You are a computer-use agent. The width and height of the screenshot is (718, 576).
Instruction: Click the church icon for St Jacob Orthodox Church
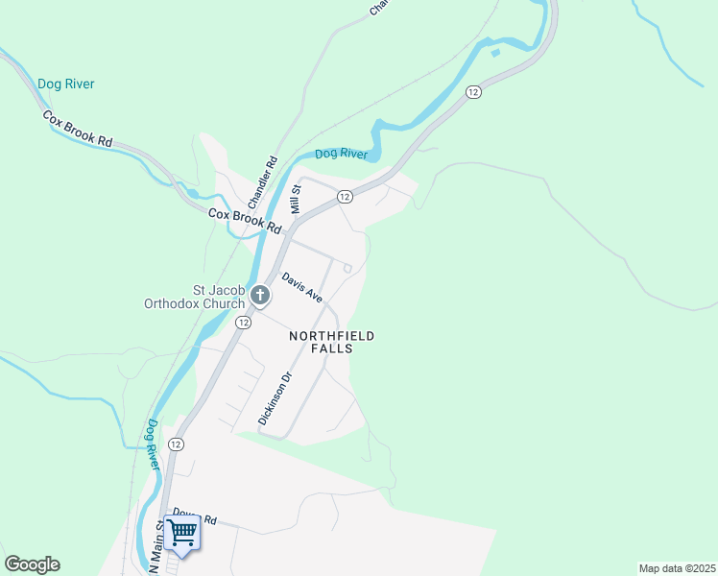(260, 297)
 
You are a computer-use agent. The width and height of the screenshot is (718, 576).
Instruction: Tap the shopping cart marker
(182, 533)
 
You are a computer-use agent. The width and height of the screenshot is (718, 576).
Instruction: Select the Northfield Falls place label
(331, 343)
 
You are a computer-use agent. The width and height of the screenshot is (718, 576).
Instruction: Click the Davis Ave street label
(301, 287)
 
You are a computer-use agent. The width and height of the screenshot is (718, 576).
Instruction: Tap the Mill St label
(297, 199)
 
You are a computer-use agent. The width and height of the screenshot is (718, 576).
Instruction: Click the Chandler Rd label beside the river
(262, 182)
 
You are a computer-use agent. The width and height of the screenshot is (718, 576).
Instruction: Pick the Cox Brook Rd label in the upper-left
(77, 128)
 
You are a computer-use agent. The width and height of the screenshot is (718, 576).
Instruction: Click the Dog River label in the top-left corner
(66, 84)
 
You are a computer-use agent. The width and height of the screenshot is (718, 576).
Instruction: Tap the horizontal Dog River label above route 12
(342, 154)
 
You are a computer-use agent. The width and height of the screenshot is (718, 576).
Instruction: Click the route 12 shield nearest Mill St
(346, 196)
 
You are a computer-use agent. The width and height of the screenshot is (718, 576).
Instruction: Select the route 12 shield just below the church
(244, 323)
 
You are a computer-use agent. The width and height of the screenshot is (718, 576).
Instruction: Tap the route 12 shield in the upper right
(473, 91)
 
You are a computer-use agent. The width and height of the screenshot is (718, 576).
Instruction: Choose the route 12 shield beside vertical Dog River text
(176, 444)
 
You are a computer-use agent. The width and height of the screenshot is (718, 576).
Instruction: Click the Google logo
(33, 564)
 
